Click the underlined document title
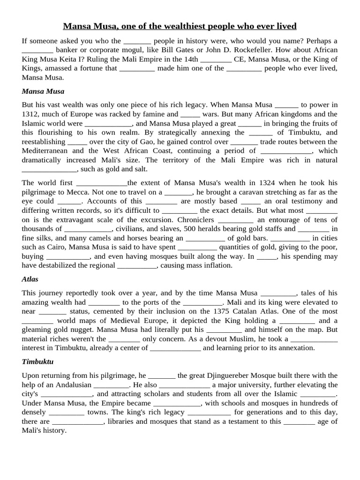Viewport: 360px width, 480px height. coord(180,25)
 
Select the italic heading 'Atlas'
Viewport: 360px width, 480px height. coord(30,279)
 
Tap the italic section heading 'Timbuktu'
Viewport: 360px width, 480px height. coord(35,362)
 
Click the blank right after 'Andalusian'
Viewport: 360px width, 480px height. coord(111,385)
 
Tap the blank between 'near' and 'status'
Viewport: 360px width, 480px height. coord(52,312)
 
